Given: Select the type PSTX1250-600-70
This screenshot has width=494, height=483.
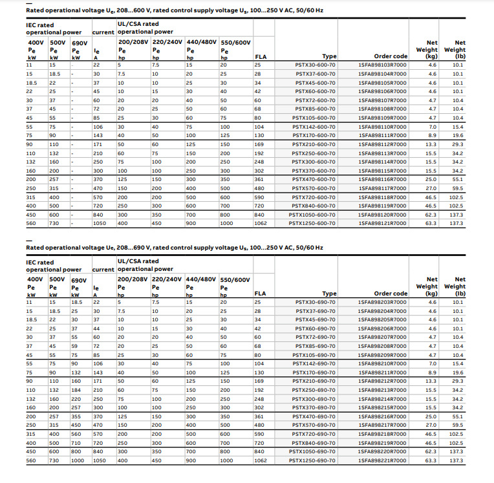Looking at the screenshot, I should pyautogui.click(x=312, y=223).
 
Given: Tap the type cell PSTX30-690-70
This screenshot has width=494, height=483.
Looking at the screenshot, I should pyautogui.click(x=316, y=302).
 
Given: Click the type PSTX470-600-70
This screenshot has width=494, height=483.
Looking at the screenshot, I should pyautogui.click(x=314, y=179).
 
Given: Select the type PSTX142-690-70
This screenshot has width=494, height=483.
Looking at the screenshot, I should pyautogui.click(x=314, y=363).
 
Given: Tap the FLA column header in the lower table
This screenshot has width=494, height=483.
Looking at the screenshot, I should pyautogui.click(x=261, y=294).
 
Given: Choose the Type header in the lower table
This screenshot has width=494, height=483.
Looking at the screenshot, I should pyautogui.click(x=329, y=294).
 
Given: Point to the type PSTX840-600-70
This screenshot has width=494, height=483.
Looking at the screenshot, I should pyautogui.click(x=314, y=206).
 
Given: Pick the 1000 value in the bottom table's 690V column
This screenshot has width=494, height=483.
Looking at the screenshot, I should pyautogui.click(x=77, y=460).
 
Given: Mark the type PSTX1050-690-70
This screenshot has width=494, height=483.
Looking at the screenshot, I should pyautogui.click(x=312, y=451).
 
